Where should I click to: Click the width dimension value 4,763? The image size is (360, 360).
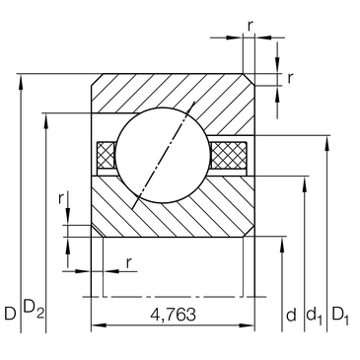173,315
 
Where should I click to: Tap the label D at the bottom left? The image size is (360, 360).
10,314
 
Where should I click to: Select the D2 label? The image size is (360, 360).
34,310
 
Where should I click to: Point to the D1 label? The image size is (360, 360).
340,316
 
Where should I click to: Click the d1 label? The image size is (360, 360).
315,316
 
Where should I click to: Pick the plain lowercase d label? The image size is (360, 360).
291,315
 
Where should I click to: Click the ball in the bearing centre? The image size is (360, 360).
163,155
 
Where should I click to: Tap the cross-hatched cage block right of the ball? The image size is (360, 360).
229,155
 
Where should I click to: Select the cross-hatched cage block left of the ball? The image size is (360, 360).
106,155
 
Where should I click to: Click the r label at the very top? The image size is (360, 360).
251,27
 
